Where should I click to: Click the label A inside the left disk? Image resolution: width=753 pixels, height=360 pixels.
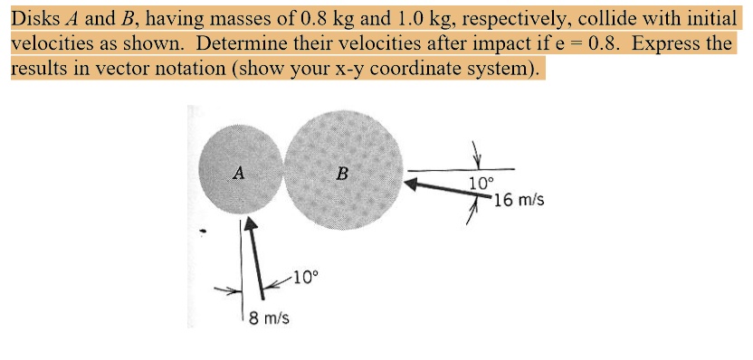[238, 173]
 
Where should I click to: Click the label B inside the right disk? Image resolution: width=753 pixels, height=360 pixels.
[341, 174]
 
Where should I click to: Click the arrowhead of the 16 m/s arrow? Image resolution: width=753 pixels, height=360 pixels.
[413, 184]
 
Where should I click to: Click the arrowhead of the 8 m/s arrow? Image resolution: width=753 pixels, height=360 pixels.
[251, 227]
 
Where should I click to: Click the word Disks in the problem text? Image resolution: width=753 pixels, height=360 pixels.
[33, 17]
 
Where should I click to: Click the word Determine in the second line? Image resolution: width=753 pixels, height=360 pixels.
[238, 43]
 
